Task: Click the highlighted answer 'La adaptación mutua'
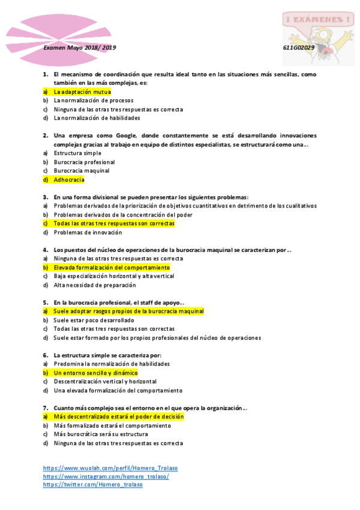tap(82, 92)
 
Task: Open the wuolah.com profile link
tap(110, 468)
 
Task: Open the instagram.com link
tap(106, 476)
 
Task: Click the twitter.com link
tap(93, 485)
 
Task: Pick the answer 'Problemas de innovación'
tap(88, 232)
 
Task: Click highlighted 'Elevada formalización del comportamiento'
tap(111, 267)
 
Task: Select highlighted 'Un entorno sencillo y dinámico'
tap(95, 372)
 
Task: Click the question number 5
tap(45, 302)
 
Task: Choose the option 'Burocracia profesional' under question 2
tap(84, 162)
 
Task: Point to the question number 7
tap(45, 407)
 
